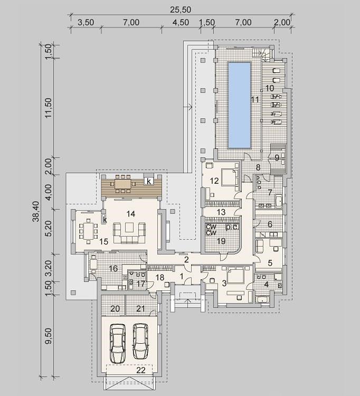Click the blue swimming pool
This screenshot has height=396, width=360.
pos(239,105)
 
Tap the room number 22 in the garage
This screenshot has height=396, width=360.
pos(141,370)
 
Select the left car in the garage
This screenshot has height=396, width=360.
pos(118,344)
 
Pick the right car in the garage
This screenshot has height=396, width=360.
pos(140,342)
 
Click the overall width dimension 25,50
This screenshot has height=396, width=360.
pos(180,10)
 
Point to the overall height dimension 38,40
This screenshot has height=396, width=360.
pos(36,211)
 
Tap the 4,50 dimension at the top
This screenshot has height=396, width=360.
pos(181,23)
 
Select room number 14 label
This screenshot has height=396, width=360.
pos(131,214)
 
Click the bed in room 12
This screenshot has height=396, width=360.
pos(230,177)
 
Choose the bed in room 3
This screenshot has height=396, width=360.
pos(235,275)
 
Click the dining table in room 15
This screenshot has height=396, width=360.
pos(88,230)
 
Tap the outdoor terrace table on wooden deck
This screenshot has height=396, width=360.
pos(122,184)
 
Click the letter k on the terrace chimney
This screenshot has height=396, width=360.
pos(149,181)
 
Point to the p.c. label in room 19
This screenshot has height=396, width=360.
pos(232,227)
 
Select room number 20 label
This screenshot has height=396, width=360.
pos(115,309)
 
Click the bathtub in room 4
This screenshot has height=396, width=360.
pos(263,300)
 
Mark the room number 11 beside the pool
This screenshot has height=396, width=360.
pos(255,99)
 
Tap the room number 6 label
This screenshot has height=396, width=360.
pos(270,224)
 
